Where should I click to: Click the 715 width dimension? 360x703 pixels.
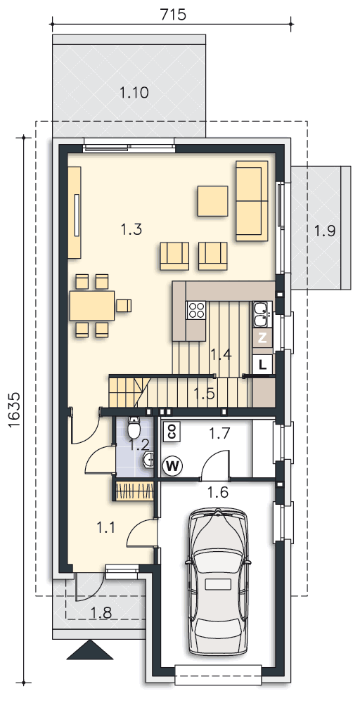tap(172, 14)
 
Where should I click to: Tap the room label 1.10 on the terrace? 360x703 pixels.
tap(134, 93)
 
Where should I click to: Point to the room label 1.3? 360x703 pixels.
tap(131, 230)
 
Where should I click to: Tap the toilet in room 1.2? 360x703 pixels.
tap(134, 427)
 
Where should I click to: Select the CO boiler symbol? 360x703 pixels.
tap(172, 431)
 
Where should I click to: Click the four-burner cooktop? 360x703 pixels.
tap(196, 310)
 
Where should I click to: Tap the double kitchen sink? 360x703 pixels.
tap(260, 314)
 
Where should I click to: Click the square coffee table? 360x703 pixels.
tap(212, 201)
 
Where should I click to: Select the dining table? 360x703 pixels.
tap(92, 305)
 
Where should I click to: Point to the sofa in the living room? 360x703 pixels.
tap(252, 200)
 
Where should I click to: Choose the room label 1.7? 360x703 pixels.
tap(219, 433)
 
